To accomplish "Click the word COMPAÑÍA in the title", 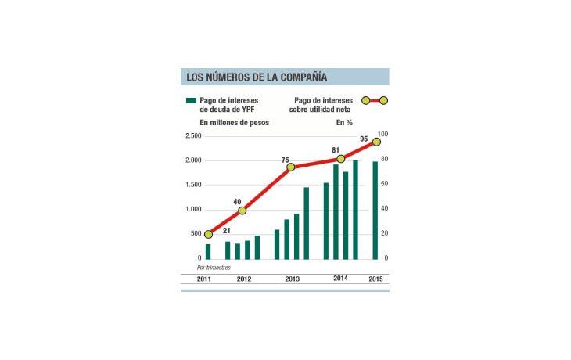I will [x=298, y=77].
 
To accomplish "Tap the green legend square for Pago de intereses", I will [x=190, y=101].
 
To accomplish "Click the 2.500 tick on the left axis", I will [x=192, y=136].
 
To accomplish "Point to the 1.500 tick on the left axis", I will [x=192, y=185].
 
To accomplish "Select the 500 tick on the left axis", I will [x=195, y=234].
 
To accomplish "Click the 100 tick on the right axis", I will [x=382, y=135].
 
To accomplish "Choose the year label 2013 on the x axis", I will [x=291, y=279].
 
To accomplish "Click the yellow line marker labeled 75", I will [x=291, y=167].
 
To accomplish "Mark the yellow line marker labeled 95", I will [x=376, y=142].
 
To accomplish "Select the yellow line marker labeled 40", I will [x=242, y=211].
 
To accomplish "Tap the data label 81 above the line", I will [x=335, y=149].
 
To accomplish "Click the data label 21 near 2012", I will [x=227, y=231].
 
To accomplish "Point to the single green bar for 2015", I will [x=375, y=210].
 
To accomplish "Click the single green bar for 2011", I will [x=208, y=251].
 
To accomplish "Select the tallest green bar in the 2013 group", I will [x=306, y=223].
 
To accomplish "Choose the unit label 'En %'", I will [x=345, y=123].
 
